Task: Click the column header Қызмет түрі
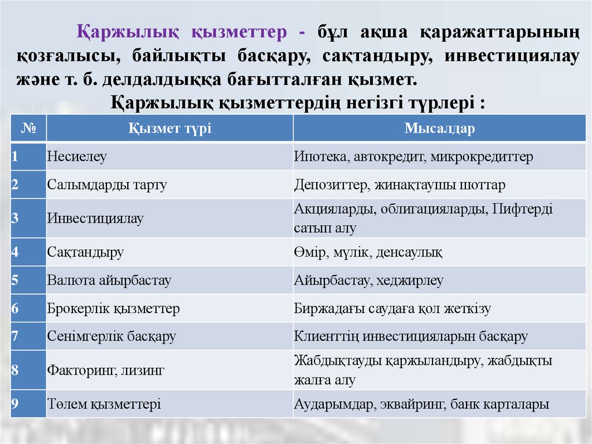169,129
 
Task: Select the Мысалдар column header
439,129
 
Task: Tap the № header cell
28,129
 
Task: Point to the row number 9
15,404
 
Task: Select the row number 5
15,281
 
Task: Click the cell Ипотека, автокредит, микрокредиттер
413,156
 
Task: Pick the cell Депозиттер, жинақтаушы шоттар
399,185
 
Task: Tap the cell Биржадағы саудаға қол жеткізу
393,309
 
